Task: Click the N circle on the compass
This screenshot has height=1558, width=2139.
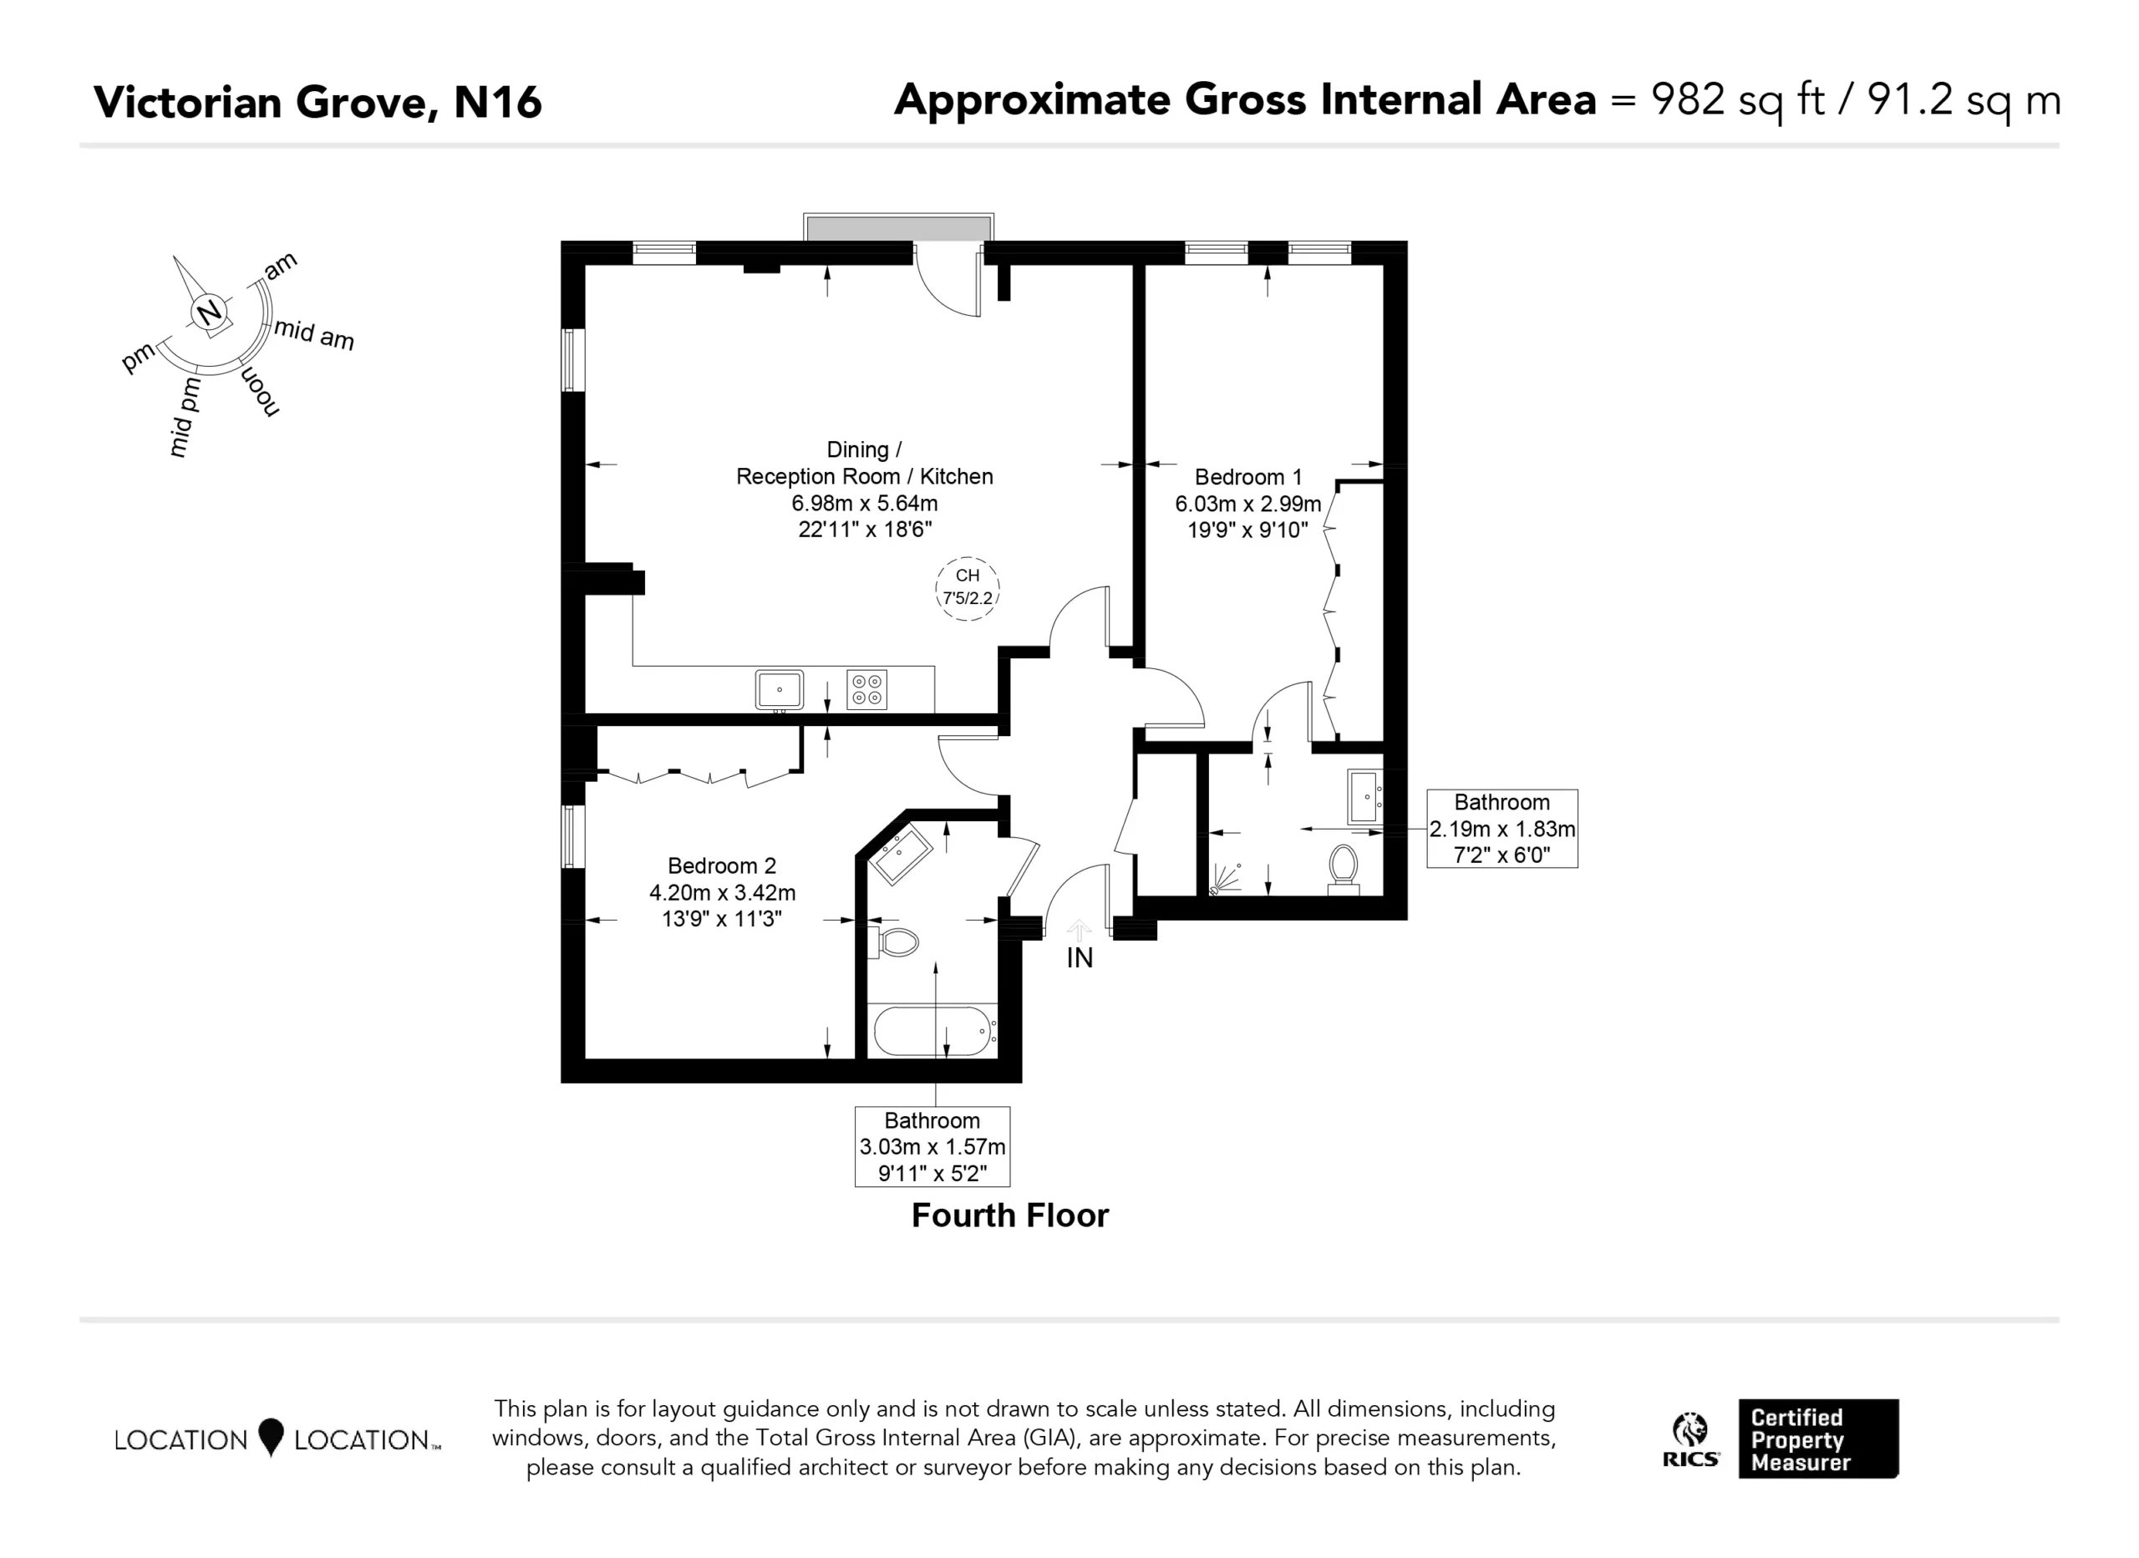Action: (208, 312)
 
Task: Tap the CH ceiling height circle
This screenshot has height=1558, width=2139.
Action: (968, 588)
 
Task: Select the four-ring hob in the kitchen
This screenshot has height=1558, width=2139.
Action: (866, 688)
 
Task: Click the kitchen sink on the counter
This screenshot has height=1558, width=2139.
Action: (779, 689)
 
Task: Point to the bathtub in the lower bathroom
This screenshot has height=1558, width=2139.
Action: (932, 1031)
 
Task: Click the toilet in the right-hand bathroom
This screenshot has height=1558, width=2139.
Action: (1343, 869)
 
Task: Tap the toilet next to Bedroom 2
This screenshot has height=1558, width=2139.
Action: (893, 941)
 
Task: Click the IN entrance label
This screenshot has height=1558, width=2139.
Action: (1080, 958)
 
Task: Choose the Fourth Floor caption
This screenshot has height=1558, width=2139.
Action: (1010, 1215)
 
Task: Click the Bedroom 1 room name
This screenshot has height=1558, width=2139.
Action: (1247, 476)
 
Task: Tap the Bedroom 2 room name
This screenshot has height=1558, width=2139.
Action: (721, 865)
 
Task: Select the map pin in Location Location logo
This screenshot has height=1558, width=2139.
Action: (271, 1437)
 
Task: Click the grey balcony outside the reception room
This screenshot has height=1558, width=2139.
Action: (898, 227)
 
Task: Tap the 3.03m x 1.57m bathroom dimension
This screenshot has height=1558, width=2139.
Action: (932, 1147)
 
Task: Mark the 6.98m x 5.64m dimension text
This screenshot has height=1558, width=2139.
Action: (864, 503)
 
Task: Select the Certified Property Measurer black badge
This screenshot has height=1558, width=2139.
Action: (1818, 1439)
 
